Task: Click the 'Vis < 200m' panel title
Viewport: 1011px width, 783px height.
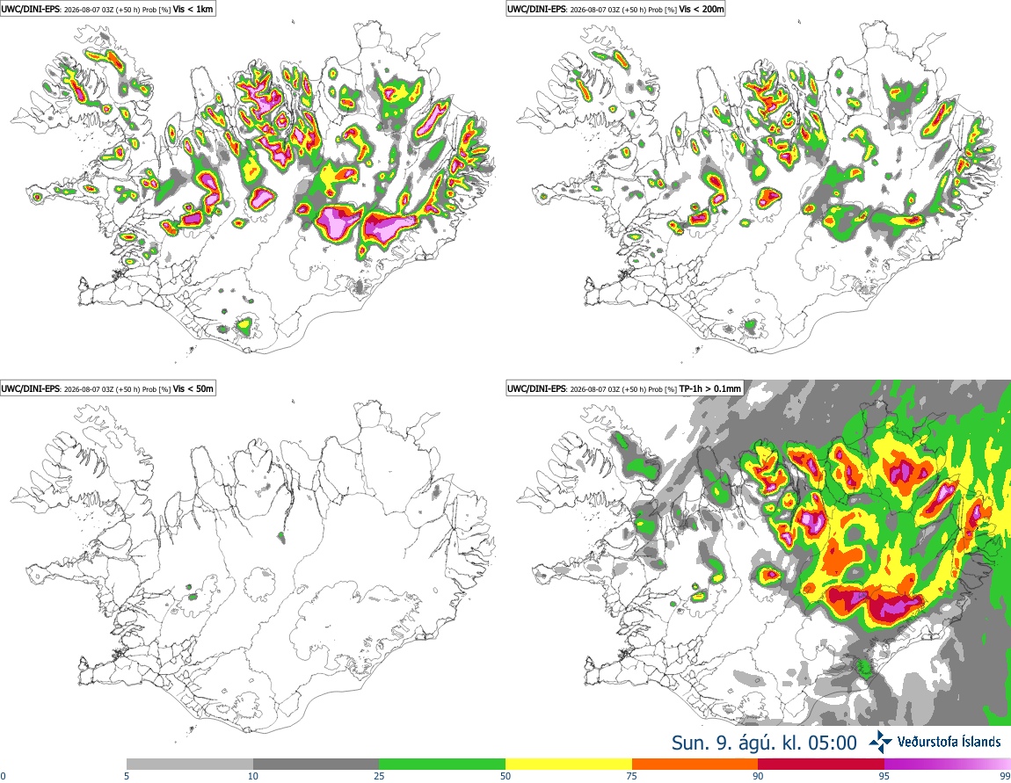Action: point(702,9)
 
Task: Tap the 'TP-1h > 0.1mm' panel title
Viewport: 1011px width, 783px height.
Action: point(709,388)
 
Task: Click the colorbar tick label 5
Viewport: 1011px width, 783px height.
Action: point(127,776)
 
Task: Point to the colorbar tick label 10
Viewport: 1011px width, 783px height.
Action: point(253,776)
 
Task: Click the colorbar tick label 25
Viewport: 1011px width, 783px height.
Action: point(379,776)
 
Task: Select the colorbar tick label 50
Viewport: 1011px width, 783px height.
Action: point(505,776)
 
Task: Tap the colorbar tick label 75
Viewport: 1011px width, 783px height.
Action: point(632,776)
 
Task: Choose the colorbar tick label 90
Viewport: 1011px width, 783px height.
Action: point(758,776)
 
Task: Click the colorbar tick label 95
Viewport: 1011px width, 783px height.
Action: point(884,776)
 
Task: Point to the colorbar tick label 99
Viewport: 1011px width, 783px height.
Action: point(1005,776)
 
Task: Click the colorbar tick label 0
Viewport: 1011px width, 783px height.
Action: point(4,776)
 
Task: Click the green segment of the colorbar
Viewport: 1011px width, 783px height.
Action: point(442,765)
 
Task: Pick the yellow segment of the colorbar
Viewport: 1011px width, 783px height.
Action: point(569,765)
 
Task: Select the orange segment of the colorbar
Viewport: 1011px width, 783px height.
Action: point(695,765)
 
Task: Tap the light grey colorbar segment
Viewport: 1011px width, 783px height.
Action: point(190,765)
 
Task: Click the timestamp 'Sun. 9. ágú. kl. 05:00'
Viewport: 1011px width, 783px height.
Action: point(764,743)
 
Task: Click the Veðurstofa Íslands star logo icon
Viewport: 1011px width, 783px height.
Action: point(880,743)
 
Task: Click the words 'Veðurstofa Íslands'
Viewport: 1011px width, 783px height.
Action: point(949,743)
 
